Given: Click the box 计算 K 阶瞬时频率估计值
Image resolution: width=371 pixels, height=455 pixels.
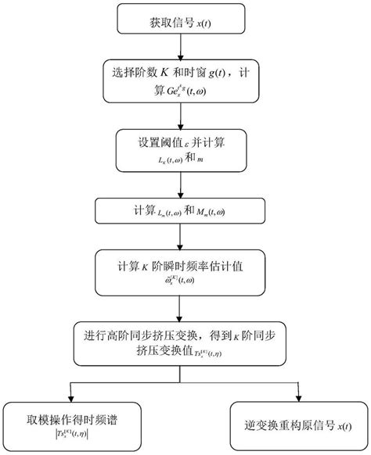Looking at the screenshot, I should [182, 271].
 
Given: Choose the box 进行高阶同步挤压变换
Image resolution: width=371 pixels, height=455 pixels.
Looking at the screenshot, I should [182, 342].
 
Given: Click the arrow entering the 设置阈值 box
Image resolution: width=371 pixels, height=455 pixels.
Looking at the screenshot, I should [182, 116].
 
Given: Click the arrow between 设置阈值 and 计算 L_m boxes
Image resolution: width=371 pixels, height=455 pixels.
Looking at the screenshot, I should [182, 185].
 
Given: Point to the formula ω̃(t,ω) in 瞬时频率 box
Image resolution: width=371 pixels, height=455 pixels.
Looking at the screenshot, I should [182, 280].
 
